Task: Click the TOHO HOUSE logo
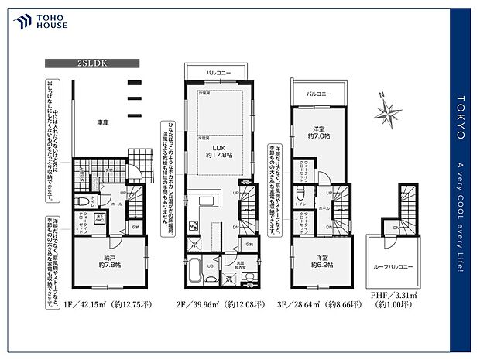pyautogui.click(x=38, y=21)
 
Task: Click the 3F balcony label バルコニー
pyautogui.click(x=320, y=93)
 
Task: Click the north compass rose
pyautogui.click(x=386, y=111)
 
